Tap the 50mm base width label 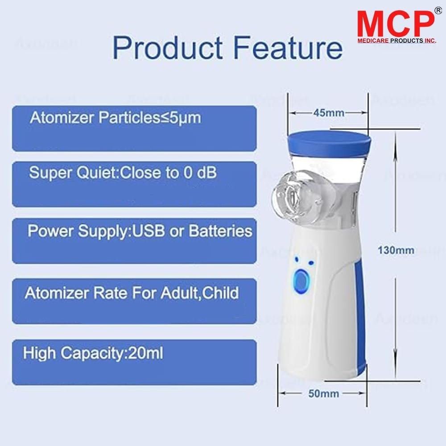pos(324,393)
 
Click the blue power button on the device pos(302,281)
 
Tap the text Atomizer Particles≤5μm pos(115,118)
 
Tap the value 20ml pos(145,354)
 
